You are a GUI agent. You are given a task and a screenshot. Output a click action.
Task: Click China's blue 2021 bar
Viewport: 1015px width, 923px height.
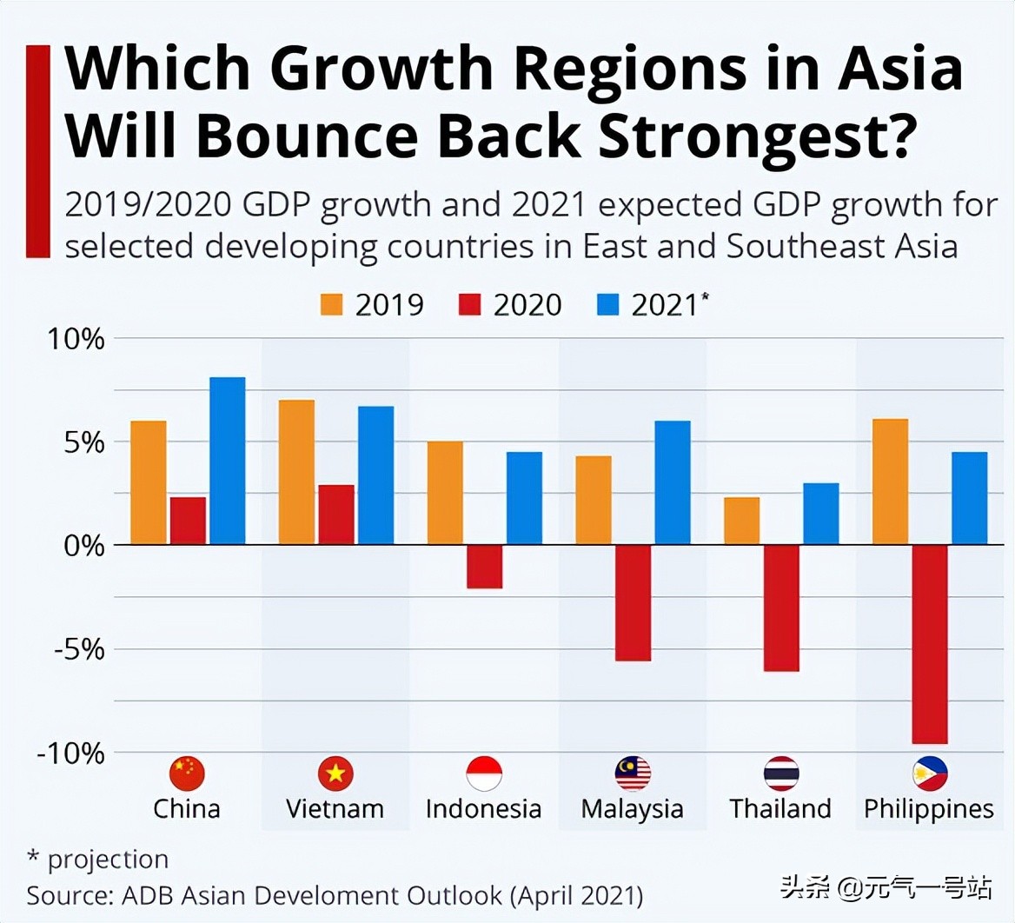pos(227,461)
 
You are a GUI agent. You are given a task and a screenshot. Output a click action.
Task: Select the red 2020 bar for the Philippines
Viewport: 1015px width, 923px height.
pos(929,644)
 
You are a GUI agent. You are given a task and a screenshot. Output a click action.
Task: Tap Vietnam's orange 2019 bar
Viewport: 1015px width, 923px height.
pos(296,472)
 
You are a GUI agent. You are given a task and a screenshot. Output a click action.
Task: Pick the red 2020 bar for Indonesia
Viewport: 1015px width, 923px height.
pos(484,567)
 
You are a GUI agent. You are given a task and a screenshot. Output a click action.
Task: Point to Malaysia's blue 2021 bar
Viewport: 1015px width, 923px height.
pos(672,482)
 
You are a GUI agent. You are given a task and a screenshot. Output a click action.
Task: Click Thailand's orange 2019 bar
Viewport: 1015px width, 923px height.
pos(741,521)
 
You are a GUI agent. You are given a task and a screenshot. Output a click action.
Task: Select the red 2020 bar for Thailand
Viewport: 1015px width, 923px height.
pos(781,608)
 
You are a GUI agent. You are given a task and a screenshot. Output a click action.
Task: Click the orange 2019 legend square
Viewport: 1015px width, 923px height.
pos(332,305)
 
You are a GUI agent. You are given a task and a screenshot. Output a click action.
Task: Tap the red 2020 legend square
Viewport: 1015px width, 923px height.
pos(469,305)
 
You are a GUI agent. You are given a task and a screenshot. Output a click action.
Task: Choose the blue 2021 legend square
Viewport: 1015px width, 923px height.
pos(607,305)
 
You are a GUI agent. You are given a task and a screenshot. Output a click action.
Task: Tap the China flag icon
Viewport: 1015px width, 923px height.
pos(187,773)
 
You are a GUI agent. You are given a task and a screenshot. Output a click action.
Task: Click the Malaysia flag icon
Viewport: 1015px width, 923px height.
pos(633,773)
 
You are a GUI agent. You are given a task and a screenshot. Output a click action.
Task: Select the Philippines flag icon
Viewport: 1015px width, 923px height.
pos(929,773)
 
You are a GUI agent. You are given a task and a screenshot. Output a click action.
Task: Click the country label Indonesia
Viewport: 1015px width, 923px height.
pos(483,809)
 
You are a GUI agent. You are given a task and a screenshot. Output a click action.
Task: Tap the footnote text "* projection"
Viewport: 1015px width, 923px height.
pos(97,860)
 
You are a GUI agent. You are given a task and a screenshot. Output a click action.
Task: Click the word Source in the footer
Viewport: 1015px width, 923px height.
pos(66,895)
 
